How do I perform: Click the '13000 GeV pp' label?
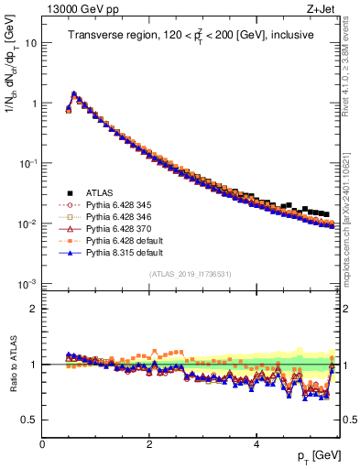[x=75, y=9]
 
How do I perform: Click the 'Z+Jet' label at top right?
[x=322, y=9]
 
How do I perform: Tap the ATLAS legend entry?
[x=102, y=192]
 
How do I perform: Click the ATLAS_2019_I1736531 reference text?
[x=191, y=274]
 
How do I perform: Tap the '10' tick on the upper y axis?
[x=30, y=43]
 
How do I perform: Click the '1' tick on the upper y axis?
[x=33, y=104]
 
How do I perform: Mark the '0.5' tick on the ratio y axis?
[x=28, y=420]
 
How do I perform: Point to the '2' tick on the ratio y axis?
[x=33, y=309]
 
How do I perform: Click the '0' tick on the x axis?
[x=42, y=443]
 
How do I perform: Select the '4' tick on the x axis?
[x=256, y=443]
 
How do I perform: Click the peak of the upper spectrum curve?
[x=73, y=93]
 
